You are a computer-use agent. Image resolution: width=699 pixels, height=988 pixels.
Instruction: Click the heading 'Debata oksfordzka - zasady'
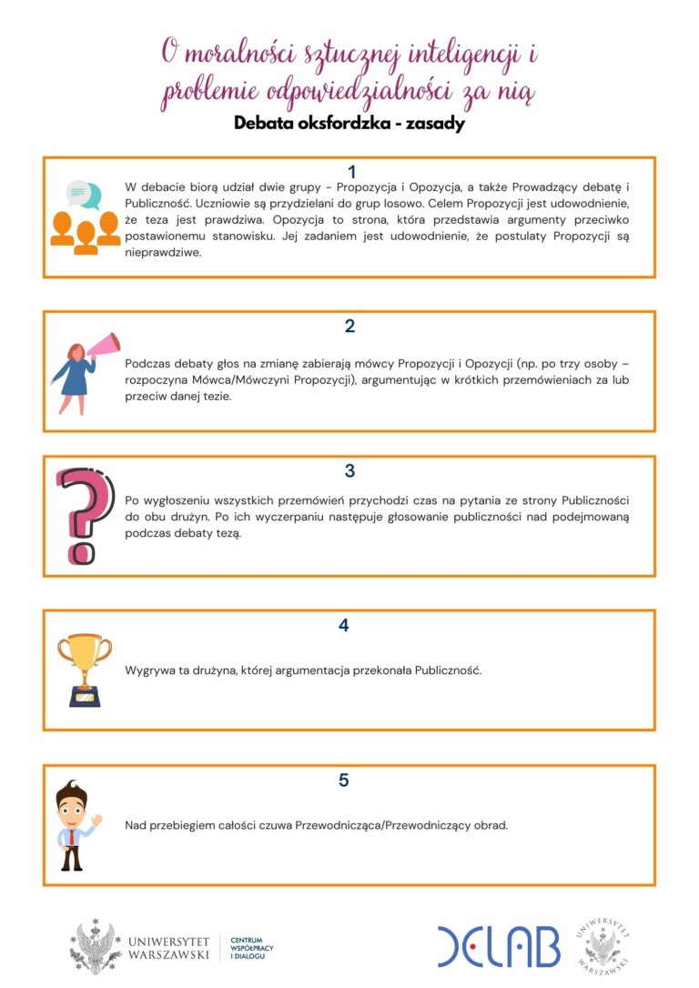pyautogui.click(x=349, y=124)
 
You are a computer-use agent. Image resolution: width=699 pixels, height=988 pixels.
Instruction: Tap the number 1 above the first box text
pyautogui.click(x=351, y=172)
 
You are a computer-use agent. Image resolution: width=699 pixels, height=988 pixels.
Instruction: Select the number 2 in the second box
pyautogui.click(x=349, y=326)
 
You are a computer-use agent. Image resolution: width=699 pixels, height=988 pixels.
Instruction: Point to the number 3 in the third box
pyautogui.click(x=349, y=471)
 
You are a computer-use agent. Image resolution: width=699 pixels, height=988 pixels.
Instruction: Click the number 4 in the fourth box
pyautogui.click(x=343, y=625)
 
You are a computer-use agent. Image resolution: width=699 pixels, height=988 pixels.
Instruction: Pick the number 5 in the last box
pyautogui.click(x=343, y=780)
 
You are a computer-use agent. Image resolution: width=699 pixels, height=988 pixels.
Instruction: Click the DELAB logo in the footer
pyautogui.click(x=498, y=946)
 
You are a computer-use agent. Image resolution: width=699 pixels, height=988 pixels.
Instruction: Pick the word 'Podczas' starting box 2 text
pyautogui.click(x=147, y=362)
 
